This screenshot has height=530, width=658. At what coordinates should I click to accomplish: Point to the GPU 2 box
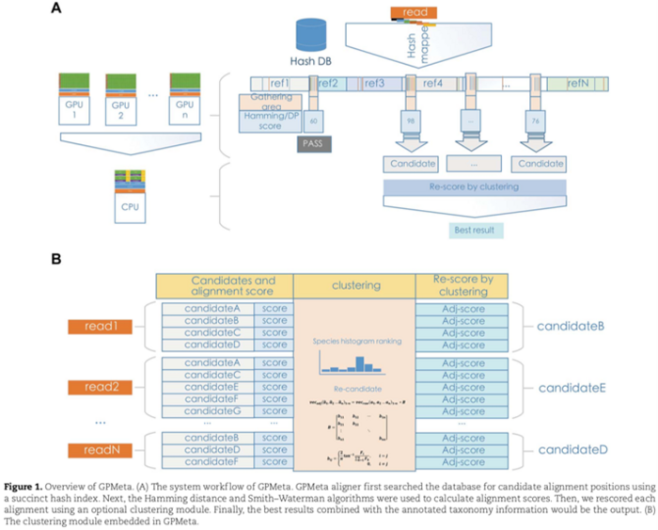click(x=119, y=103)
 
